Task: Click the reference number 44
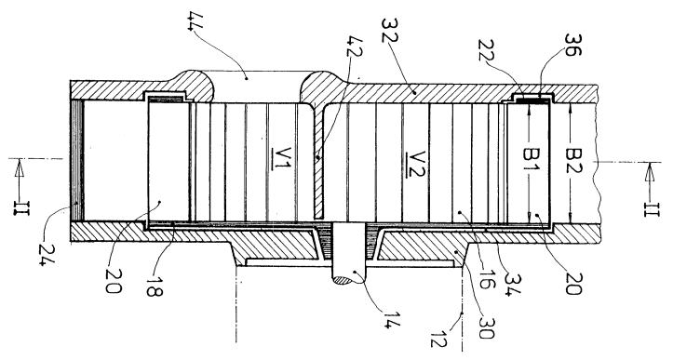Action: click(196, 21)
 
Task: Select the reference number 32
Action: click(390, 30)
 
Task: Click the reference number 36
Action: click(572, 44)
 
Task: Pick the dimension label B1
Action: click(532, 161)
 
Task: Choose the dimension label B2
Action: click(573, 161)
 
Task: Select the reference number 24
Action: click(47, 255)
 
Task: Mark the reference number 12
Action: click(437, 338)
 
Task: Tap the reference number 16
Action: click(486, 279)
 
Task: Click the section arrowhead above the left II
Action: click(20, 169)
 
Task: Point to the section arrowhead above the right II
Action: click(650, 172)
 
